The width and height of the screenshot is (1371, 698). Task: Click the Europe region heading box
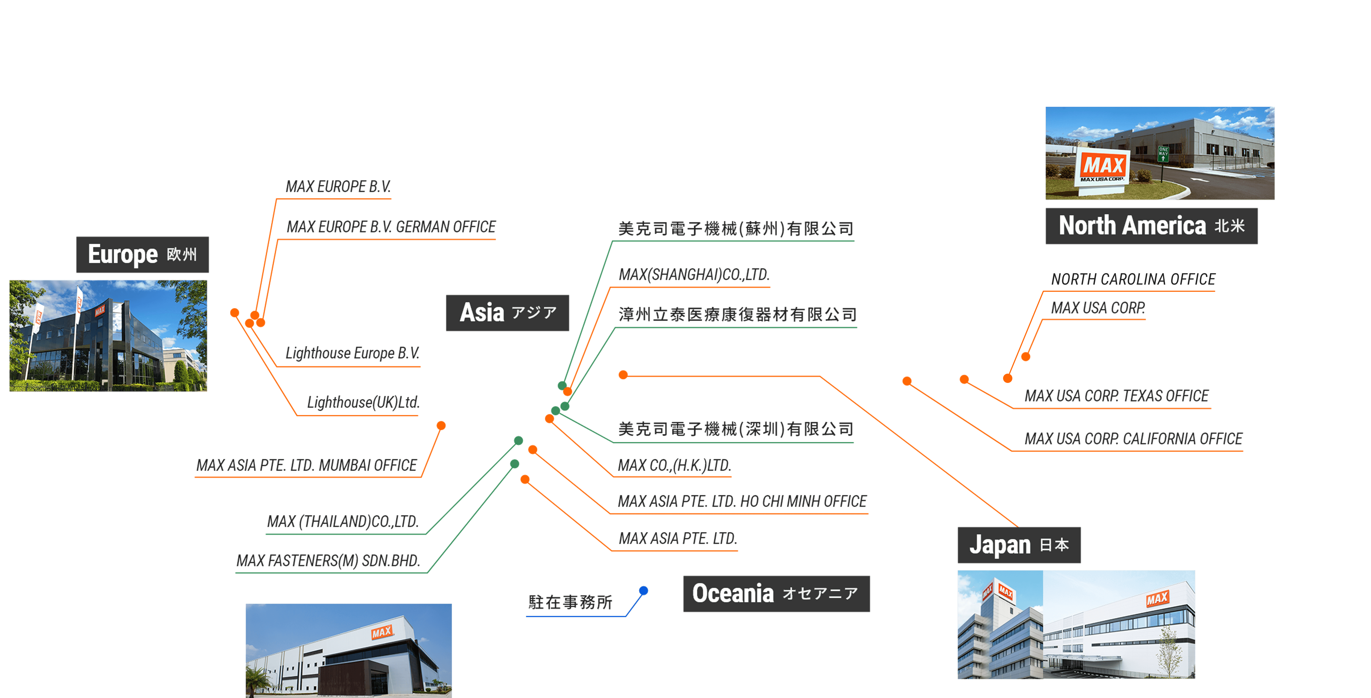point(143,254)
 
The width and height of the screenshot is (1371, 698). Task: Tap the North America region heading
point(1151,226)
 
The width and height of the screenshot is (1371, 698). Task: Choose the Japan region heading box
point(1019,545)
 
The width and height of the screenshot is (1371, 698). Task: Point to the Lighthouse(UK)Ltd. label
point(363,403)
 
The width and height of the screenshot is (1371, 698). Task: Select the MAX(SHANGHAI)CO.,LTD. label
point(693,275)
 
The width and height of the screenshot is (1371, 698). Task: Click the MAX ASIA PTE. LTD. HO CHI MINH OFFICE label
point(742,502)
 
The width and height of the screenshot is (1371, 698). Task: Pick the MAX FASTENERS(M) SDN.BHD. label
point(328,561)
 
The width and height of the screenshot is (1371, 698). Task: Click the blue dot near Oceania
point(643,590)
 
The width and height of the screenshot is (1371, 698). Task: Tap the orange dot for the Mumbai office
point(441,425)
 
